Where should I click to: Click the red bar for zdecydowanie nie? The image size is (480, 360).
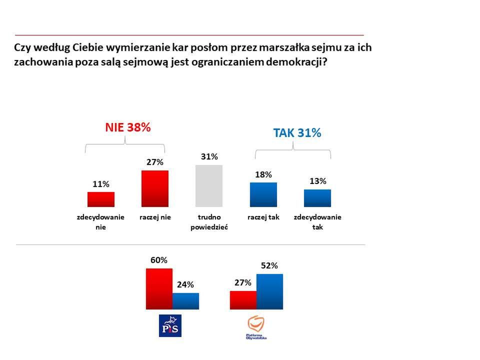pyautogui.click(x=101, y=199)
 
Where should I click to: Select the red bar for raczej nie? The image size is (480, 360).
pyautogui.click(x=155, y=188)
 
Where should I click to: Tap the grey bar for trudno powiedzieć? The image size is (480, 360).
pyautogui.click(x=209, y=186)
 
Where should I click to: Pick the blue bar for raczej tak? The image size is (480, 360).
pyautogui.click(x=263, y=194)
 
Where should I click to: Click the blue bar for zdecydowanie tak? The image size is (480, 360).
pyautogui.click(x=317, y=198)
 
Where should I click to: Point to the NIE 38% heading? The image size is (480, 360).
pyautogui.click(x=127, y=127)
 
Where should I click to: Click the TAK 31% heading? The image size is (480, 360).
pyautogui.click(x=297, y=133)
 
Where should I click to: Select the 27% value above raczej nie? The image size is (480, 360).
pyautogui.click(x=155, y=162)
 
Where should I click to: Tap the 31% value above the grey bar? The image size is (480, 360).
pyautogui.click(x=209, y=156)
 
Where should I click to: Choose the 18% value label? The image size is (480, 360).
pyautogui.click(x=263, y=174)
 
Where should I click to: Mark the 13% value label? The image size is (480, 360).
pyautogui.click(x=317, y=181)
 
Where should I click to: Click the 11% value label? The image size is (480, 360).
pyautogui.click(x=100, y=184)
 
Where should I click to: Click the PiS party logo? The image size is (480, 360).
pyautogui.click(x=169, y=326)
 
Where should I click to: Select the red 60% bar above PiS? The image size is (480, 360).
pyautogui.click(x=159, y=289)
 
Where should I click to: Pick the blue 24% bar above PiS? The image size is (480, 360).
pyautogui.click(x=185, y=301)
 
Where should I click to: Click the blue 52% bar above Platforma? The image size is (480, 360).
pyautogui.click(x=269, y=291)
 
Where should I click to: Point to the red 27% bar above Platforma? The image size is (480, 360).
pyautogui.click(x=243, y=300)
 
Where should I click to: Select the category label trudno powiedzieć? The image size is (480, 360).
pyautogui.click(x=209, y=222)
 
